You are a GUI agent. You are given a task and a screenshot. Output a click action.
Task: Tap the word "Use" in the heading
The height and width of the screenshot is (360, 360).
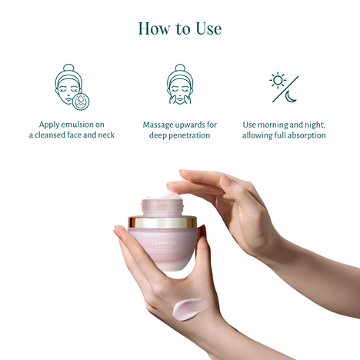click(207, 28)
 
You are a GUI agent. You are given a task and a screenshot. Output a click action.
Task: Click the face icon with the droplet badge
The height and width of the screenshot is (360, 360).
click(69, 86)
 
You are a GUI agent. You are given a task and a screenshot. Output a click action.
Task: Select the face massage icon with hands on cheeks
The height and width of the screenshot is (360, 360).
click(179, 86)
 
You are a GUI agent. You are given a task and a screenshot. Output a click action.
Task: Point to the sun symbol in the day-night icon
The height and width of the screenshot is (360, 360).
click(277, 80)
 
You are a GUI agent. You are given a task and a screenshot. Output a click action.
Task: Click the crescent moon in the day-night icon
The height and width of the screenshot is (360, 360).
click(291, 96)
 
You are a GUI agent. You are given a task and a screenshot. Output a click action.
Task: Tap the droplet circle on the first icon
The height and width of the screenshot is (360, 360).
click(78, 99)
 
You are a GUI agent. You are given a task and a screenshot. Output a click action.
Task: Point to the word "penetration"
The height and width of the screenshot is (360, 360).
click(189, 135)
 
